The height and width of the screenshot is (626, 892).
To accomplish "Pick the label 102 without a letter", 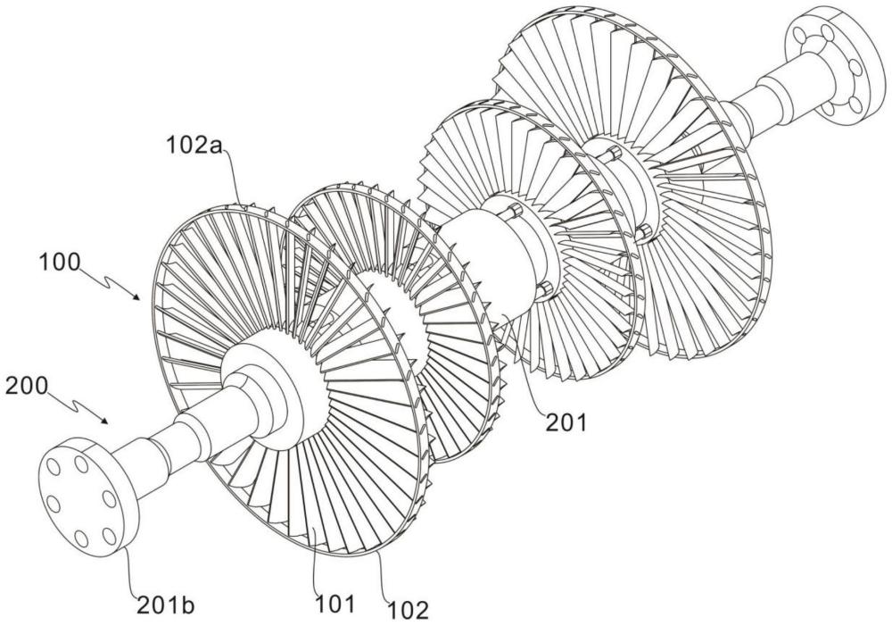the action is point(409,611).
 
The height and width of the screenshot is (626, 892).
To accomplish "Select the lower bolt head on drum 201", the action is point(541,288).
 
